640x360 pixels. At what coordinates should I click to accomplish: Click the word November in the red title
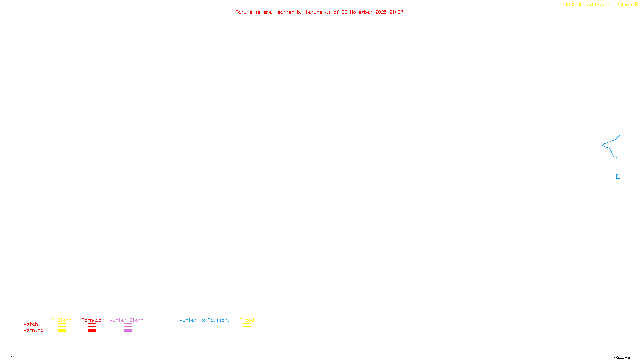click(x=361, y=12)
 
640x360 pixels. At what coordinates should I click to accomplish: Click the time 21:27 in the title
click(x=396, y=12)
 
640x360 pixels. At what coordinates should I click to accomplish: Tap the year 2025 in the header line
click(x=381, y=12)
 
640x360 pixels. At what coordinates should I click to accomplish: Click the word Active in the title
click(x=244, y=12)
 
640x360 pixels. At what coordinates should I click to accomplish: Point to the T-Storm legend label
click(x=62, y=320)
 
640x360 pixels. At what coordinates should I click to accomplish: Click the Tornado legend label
click(x=92, y=320)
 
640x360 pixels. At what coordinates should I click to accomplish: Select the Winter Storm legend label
click(x=126, y=320)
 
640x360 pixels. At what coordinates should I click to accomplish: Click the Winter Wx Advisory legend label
click(x=205, y=320)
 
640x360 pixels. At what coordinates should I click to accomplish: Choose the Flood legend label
click(x=247, y=320)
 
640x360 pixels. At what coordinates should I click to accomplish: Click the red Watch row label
click(x=31, y=324)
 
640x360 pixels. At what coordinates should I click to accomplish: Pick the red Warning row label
click(x=33, y=330)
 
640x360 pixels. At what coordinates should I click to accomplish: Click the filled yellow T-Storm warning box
click(x=62, y=331)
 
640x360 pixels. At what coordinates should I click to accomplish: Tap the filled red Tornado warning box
click(x=92, y=331)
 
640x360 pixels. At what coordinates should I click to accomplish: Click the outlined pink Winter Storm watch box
click(x=128, y=325)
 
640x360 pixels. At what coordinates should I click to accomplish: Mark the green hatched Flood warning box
click(x=247, y=331)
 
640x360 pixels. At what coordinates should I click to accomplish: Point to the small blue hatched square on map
click(x=618, y=176)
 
